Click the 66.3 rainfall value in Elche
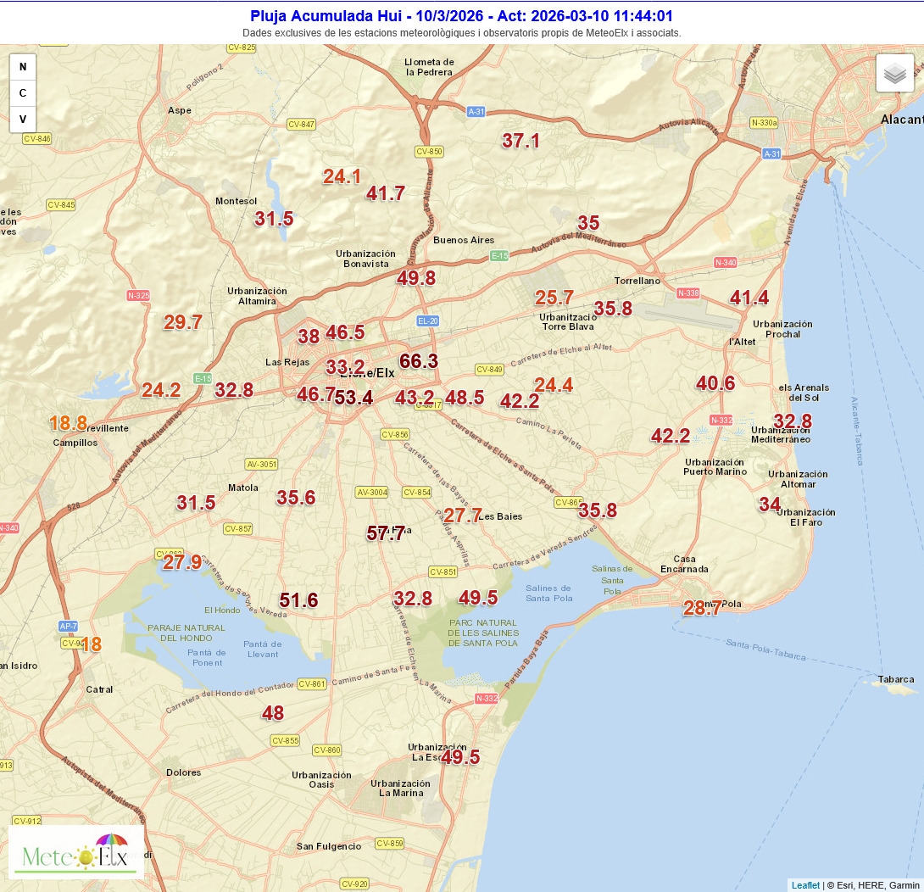[x=419, y=361]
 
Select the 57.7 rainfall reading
[x=386, y=533]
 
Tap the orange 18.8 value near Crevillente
[x=68, y=423]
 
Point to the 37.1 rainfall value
[x=520, y=141]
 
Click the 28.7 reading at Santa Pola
[x=703, y=607]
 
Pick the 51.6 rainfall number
[x=298, y=600]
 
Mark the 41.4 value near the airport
[x=749, y=298]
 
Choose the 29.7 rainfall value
[x=183, y=322]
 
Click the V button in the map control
[x=23, y=119]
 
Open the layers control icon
[x=894, y=74]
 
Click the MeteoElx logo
[x=76, y=852]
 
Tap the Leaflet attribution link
[x=805, y=885]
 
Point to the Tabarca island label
[x=896, y=679]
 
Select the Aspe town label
[x=180, y=110]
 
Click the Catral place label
[x=99, y=689]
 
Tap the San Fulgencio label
[x=328, y=846]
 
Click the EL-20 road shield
[x=428, y=321]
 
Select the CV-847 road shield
[x=302, y=125]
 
